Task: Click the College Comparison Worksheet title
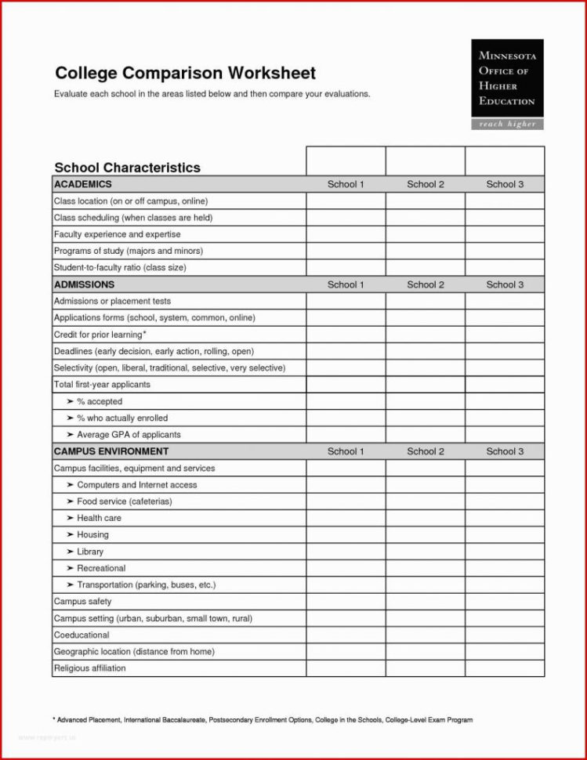(185, 74)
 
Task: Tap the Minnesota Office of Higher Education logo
(507, 84)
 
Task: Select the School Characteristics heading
(127, 168)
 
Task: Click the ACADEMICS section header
(82, 184)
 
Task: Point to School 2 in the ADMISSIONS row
(426, 284)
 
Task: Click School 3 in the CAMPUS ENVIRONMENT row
(505, 451)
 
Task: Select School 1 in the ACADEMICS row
(346, 184)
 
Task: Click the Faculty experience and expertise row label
(117, 234)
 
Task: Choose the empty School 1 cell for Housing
(346, 535)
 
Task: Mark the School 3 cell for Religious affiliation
(505, 668)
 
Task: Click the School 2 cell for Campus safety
(426, 602)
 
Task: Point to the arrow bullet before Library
(70, 552)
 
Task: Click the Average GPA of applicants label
(129, 435)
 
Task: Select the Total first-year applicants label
(102, 385)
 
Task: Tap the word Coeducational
(82, 635)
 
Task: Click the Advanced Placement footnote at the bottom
(263, 719)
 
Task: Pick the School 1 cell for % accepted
(346, 401)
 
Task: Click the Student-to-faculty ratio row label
(119, 268)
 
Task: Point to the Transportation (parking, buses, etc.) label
(146, 585)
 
